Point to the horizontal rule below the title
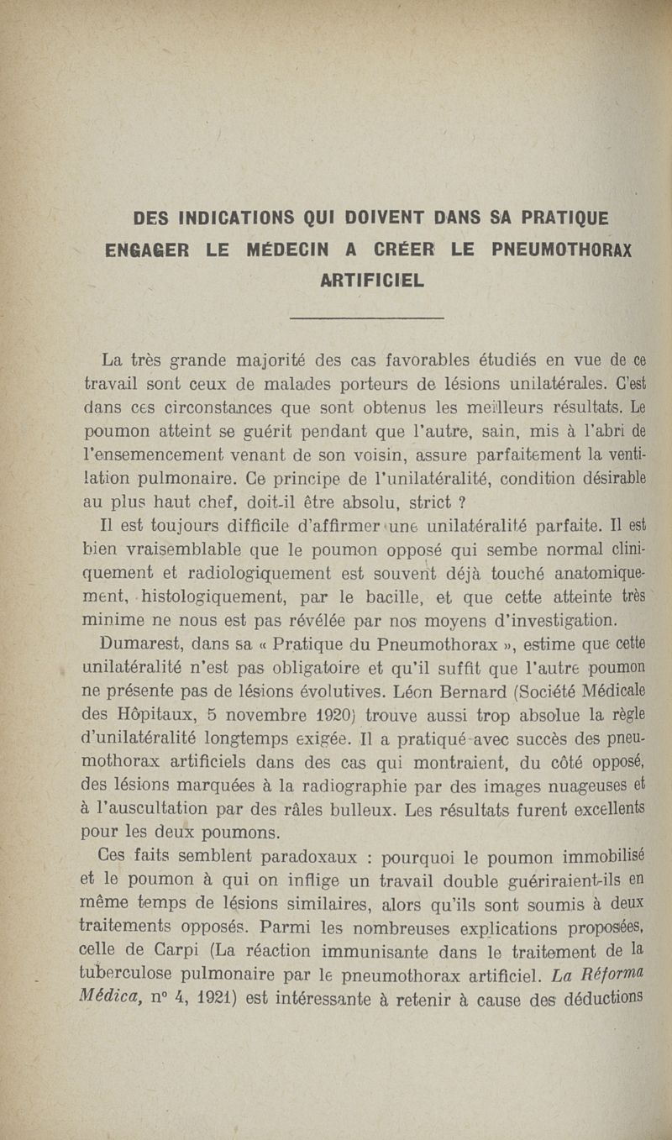(366, 318)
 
